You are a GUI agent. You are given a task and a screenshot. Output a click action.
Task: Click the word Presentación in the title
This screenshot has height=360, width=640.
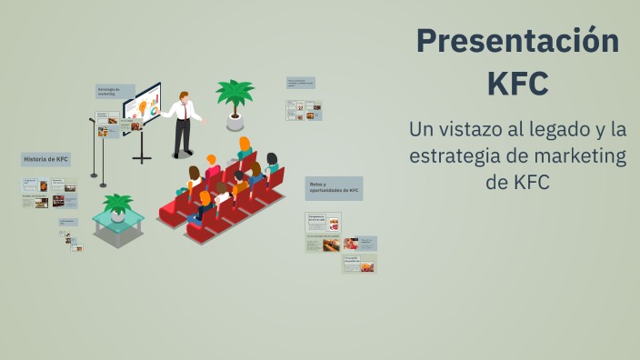(x=517, y=41)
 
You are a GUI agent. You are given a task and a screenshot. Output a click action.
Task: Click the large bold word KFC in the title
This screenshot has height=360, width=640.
(x=517, y=83)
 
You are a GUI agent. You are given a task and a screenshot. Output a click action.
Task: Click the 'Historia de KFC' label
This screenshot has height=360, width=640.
(x=45, y=160)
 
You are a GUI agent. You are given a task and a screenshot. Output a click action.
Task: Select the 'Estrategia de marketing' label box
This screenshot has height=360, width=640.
(x=115, y=91)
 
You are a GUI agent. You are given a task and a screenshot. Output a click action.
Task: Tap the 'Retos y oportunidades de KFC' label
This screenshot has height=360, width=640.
(x=333, y=188)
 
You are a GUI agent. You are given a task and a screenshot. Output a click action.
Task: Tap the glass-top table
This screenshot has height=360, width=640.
(x=117, y=223)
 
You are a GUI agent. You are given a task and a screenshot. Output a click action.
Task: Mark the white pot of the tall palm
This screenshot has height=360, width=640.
(x=235, y=121)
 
